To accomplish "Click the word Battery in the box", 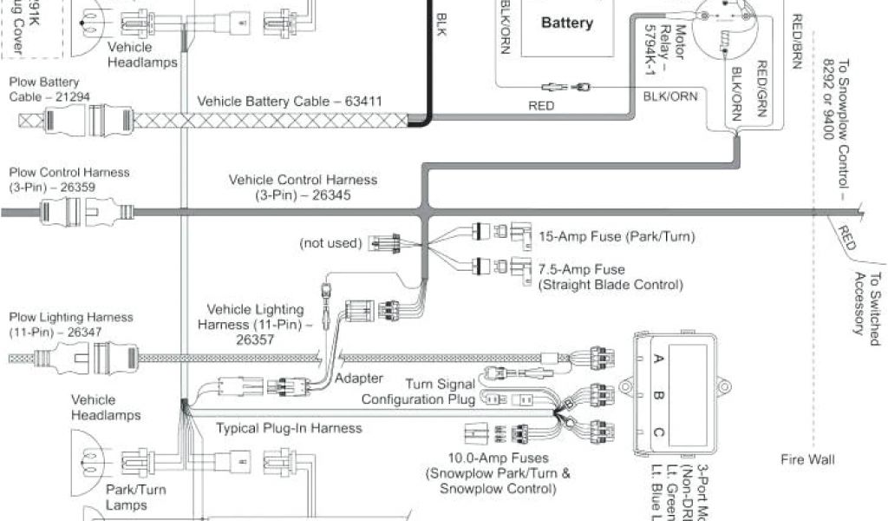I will [566, 23].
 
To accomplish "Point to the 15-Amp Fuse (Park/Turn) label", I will [605, 235].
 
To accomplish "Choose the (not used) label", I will [330, 243].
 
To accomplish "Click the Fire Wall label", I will [807, 459].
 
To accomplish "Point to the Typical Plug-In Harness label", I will [289, 428].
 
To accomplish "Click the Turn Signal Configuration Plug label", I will [418, 392].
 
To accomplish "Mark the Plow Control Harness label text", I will [69, 180].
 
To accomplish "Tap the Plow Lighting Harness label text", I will [70, 325].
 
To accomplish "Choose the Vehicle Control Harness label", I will [303, 188].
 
